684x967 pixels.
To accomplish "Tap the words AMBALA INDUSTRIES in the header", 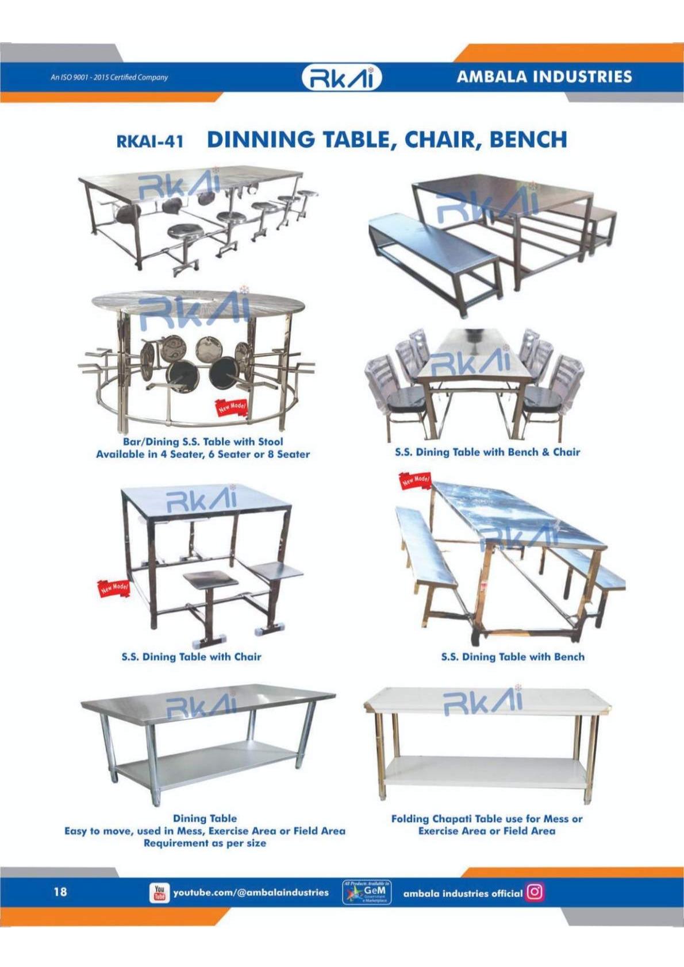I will [544, 76].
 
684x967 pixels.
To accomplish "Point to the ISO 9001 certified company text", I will [109, 77].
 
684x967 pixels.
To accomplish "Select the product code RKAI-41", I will [149, 141].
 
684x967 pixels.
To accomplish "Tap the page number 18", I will [60, 891].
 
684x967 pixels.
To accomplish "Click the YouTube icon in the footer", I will [159, 892].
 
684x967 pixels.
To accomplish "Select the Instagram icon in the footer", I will [535, 892].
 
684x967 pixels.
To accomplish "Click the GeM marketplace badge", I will [367, 892].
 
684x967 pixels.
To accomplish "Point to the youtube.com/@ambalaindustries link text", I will [251, 892].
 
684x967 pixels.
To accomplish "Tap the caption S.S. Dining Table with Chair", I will [191, 656].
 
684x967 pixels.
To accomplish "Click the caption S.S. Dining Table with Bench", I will [513, 656].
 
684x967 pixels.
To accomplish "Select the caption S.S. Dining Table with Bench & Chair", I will [487, 452].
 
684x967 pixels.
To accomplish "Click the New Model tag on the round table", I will [232, 407].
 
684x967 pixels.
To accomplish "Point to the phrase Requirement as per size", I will [205, 843].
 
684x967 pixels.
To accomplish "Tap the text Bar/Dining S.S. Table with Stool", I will [203, 441].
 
